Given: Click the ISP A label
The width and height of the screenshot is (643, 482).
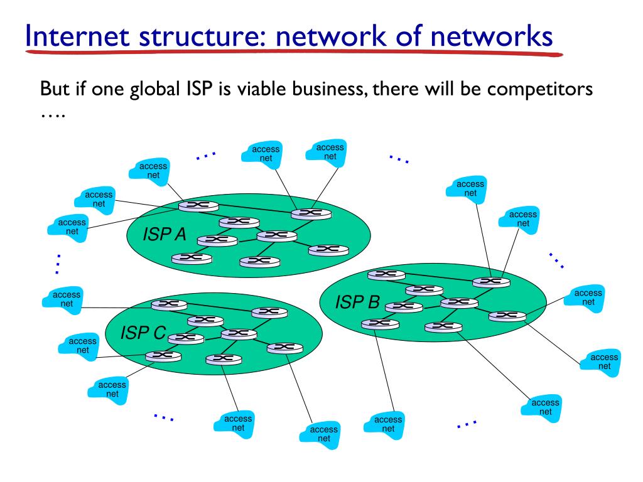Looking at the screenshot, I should click(x=165, y=235).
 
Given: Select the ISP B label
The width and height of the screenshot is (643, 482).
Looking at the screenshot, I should click(x=357, y=303).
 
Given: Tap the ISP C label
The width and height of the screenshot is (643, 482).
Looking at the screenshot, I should click(x=143, y=333).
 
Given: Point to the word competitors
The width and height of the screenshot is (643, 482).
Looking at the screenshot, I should click(x=541, y=88).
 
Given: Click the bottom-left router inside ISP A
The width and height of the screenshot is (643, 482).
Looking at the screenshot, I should click(x=191, y=257).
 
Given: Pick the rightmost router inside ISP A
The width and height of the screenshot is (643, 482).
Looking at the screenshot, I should click(x=328, y=250).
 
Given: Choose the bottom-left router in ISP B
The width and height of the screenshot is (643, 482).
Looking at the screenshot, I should click(x=380, y=323).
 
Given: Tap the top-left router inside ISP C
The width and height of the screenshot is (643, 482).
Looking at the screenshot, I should click(x=168, y=304).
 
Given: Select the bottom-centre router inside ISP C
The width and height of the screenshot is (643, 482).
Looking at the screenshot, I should click(x=223, y=359).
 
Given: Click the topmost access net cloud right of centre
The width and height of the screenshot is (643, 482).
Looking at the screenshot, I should click(x=470, y=188).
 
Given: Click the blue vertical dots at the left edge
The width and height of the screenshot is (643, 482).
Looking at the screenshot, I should click(x=57, y=264).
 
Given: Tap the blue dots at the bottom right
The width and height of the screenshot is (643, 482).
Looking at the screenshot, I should click(x=467, y=424).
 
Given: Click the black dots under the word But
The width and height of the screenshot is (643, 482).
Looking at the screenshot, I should click(x=52, y=116).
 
